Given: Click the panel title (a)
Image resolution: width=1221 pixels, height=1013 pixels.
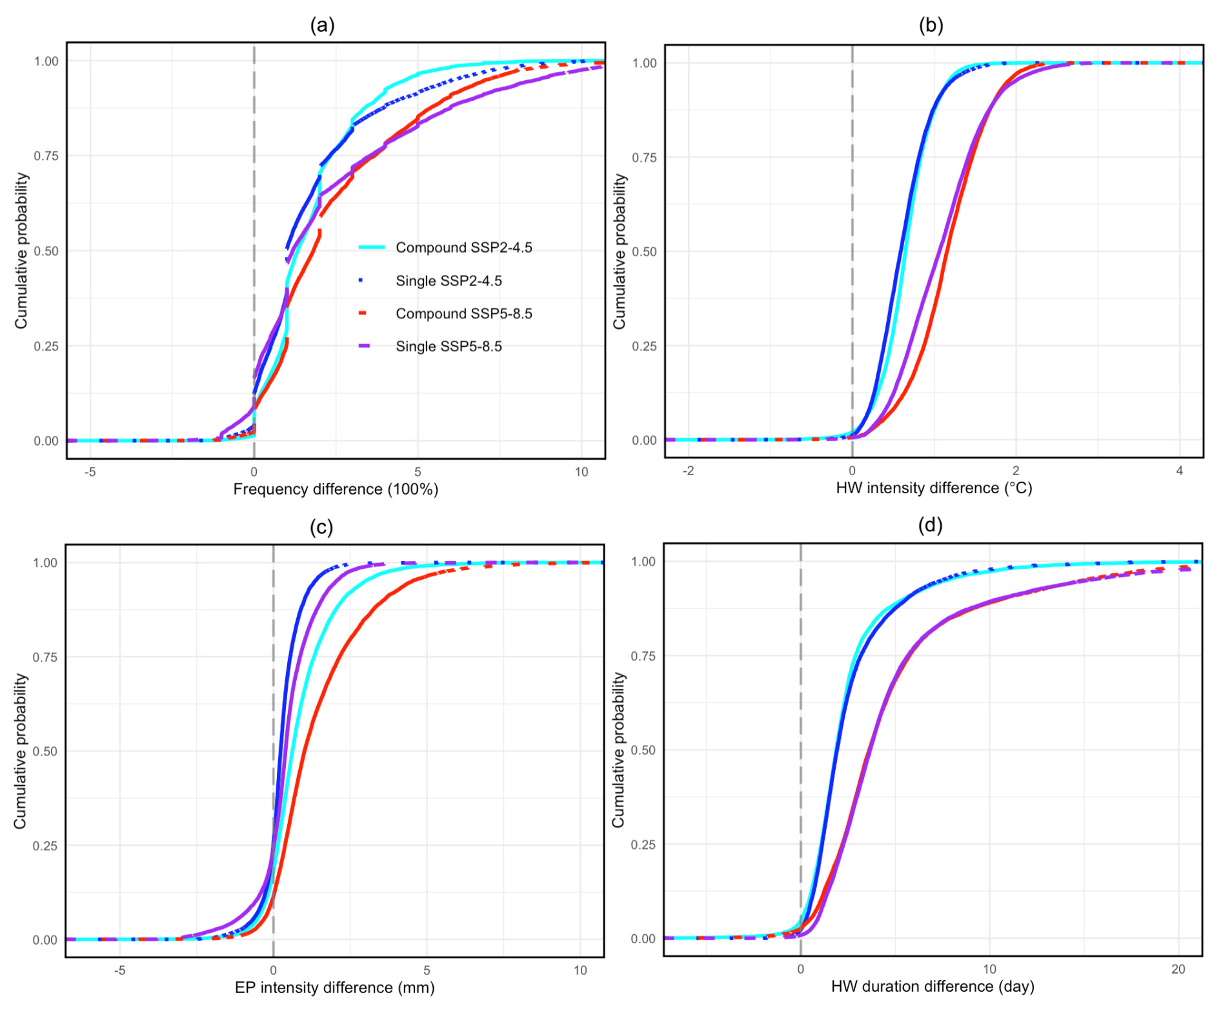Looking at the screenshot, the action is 322,25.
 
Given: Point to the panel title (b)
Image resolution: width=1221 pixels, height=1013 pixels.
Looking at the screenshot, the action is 931,25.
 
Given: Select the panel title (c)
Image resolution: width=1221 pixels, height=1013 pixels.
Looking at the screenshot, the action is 321,527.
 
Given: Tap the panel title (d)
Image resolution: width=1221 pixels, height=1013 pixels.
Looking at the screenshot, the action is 930,526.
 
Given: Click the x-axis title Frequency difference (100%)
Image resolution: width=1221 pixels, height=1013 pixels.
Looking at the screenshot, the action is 336,489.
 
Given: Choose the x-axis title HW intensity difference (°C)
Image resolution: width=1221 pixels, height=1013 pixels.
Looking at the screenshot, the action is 934,488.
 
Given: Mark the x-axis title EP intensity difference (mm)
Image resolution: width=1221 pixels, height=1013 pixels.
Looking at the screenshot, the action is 334,988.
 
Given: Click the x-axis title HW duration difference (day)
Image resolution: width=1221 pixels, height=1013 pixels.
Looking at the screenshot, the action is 933,987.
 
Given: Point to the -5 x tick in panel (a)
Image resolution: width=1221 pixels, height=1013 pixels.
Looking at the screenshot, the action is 90,472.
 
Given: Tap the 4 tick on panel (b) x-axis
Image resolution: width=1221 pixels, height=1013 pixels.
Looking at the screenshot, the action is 1180,471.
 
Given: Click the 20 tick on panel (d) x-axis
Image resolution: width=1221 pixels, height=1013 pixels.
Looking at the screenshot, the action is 1178,969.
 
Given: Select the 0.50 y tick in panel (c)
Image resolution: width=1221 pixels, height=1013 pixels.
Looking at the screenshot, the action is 45,752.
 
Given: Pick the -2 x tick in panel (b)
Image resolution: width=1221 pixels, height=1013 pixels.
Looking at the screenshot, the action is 689,471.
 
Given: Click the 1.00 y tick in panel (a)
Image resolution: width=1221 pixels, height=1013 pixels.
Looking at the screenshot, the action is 46,61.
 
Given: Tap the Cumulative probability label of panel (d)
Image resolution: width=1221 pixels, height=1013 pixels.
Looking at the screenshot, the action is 619,750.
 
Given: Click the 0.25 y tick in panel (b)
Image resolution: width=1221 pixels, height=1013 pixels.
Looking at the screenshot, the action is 644,346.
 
